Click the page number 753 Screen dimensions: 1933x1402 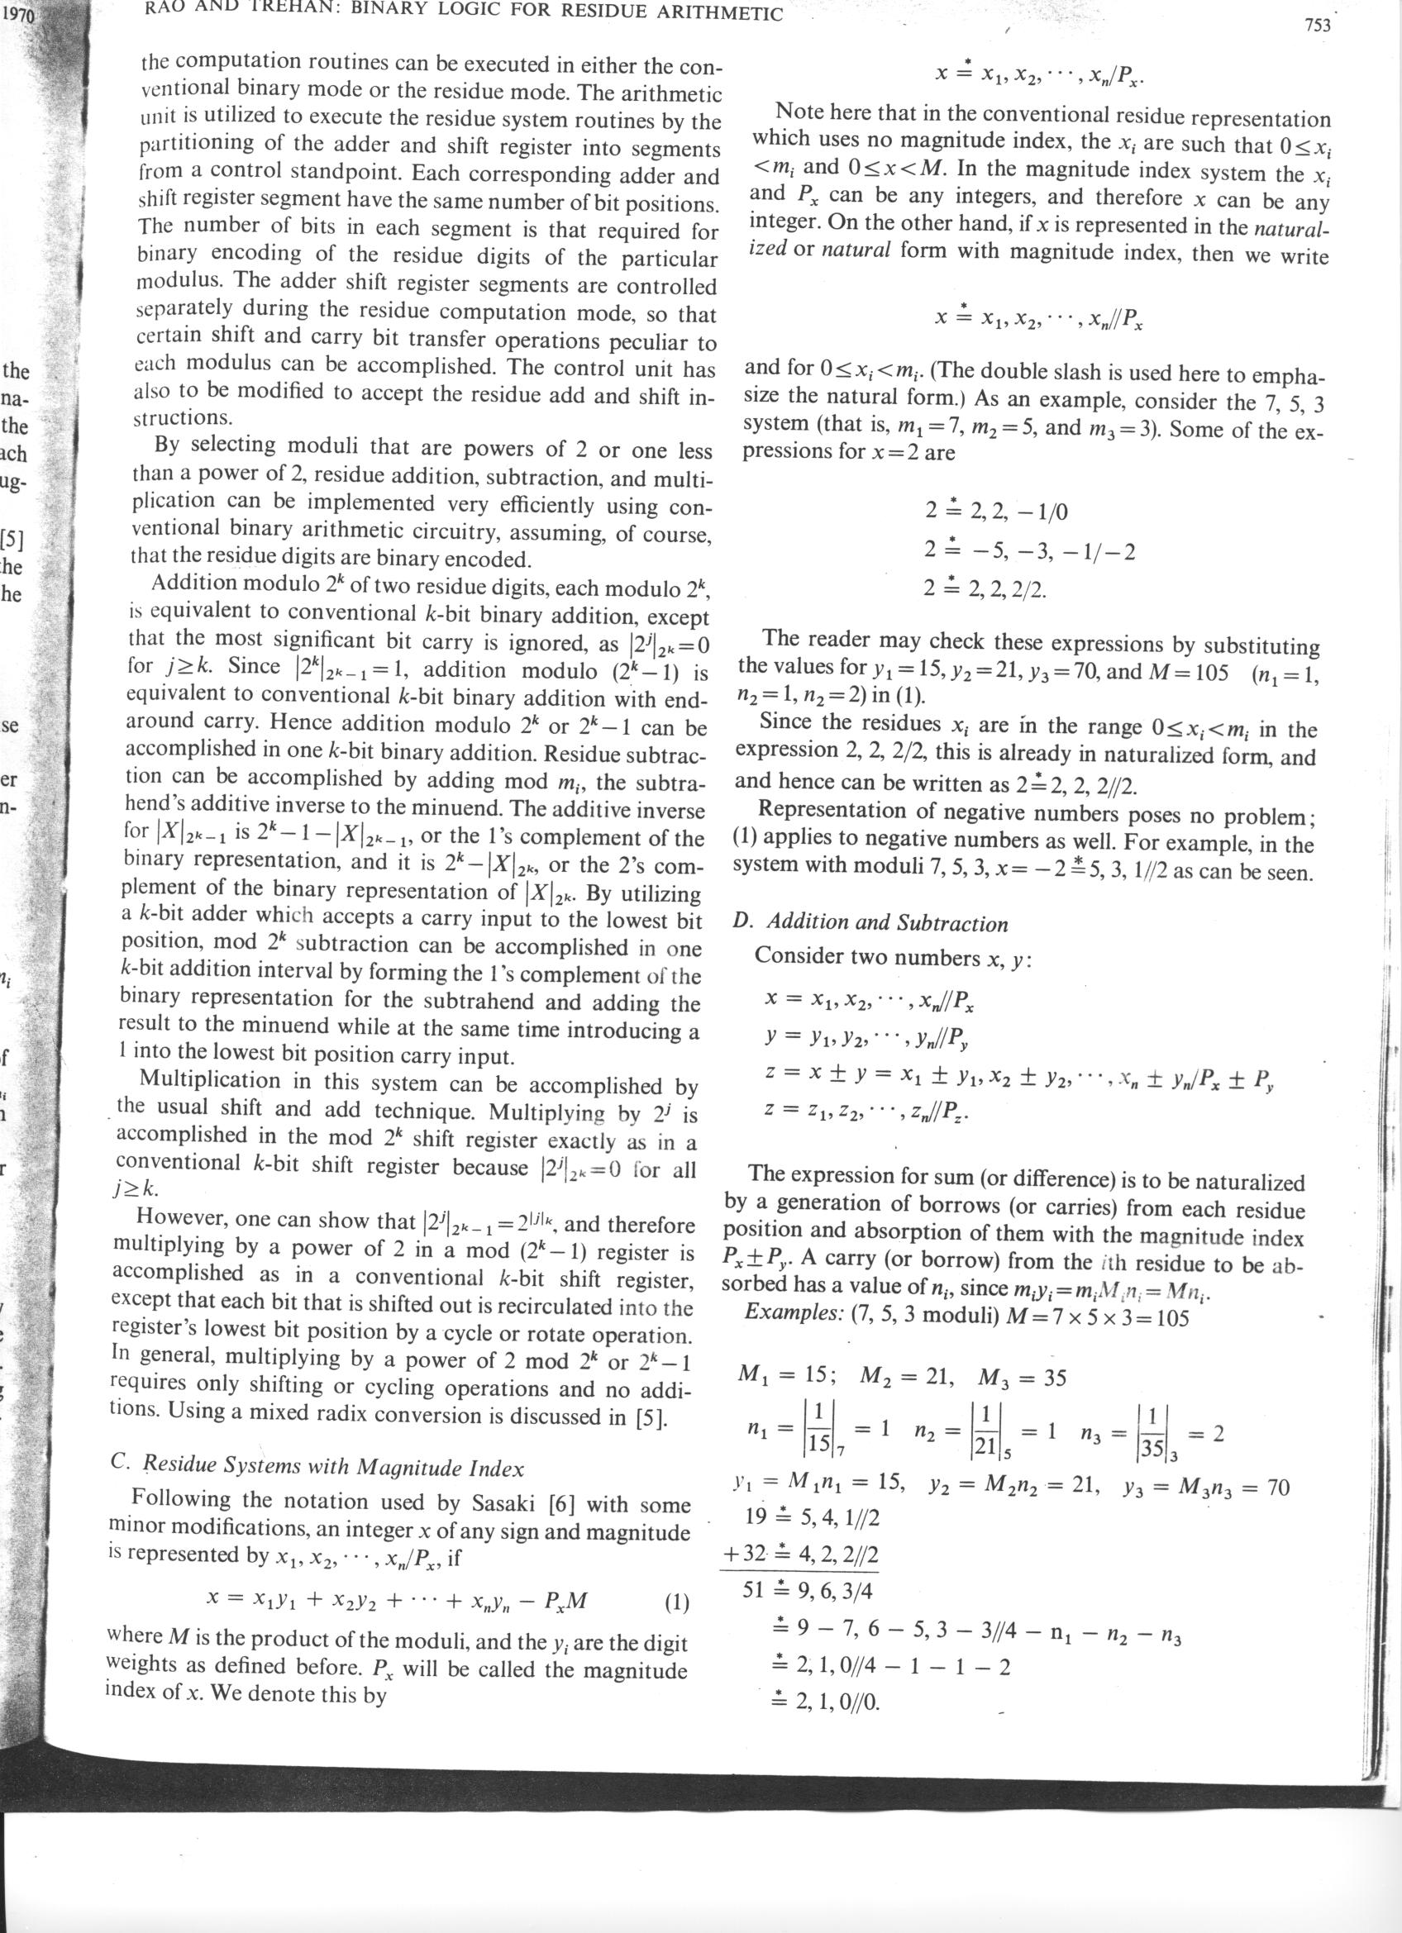[x=1317, y=25]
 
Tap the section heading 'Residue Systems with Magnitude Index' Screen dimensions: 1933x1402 [x=328, y=1467]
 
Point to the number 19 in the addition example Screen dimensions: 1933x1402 [x=758, y=1516]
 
